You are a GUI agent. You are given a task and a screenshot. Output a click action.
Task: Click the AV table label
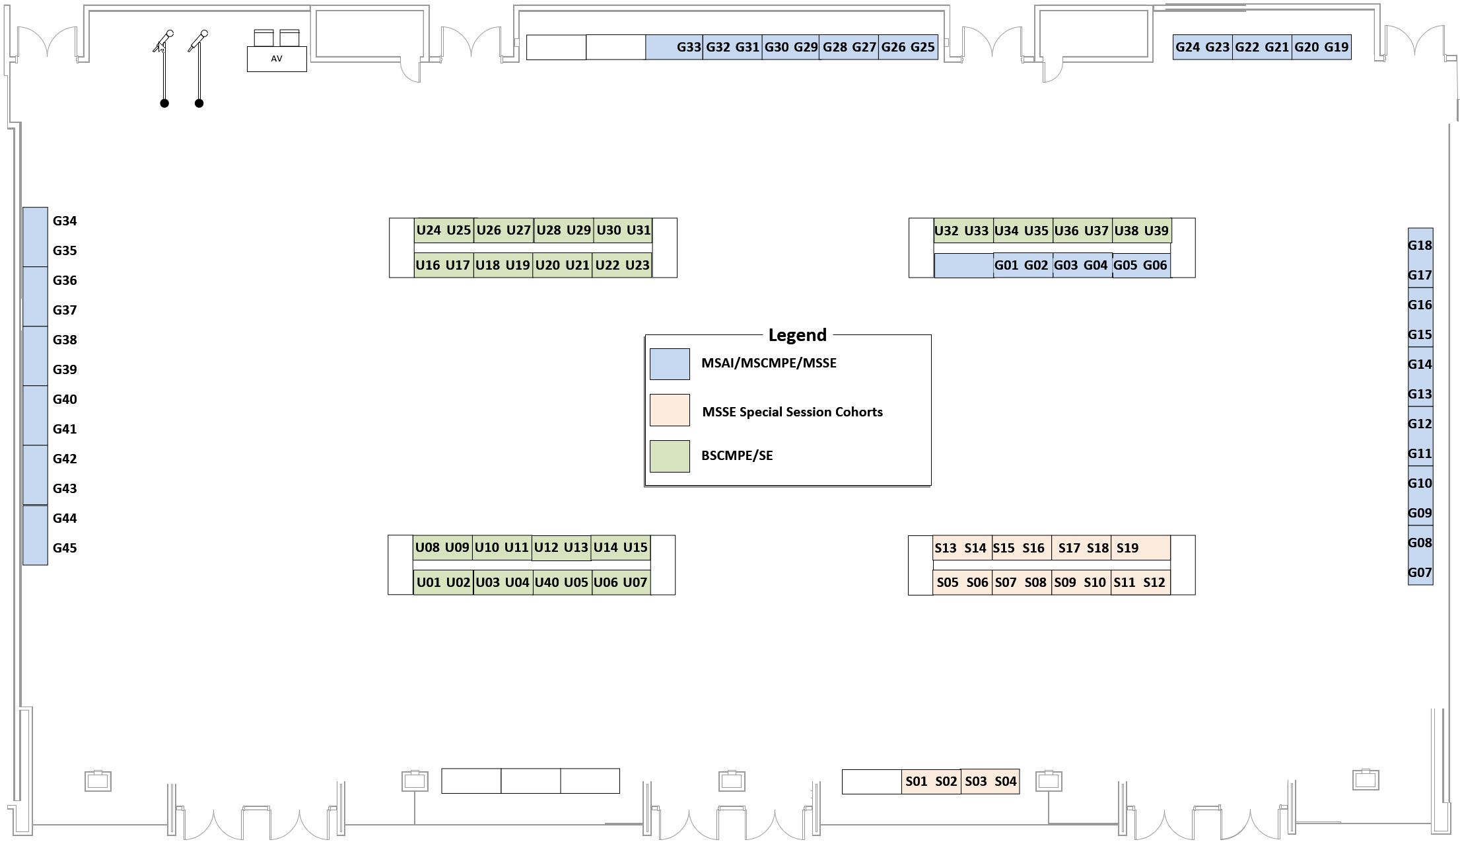point(277,59)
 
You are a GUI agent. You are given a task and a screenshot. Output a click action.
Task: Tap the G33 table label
point(688,48)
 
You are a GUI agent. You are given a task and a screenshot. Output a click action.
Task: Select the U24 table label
point(429,231)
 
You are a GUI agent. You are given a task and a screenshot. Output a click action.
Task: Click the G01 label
point(1006,266)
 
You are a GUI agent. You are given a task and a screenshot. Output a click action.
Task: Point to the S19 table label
point(1127,548)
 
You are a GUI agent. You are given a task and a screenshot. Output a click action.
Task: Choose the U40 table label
point(547,582)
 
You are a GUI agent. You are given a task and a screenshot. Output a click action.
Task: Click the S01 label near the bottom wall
point(916,781)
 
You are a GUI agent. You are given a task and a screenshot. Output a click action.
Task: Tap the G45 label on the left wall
point(65,548)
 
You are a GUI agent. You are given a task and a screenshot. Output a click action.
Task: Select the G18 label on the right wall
point(1420,245)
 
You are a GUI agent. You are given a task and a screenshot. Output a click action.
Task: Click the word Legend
point(797,335)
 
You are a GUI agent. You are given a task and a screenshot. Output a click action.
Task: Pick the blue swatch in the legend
point(670,364)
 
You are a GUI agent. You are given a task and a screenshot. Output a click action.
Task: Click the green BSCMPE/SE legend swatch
point(670,456)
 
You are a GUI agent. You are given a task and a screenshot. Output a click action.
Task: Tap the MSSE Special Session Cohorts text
point(792,412)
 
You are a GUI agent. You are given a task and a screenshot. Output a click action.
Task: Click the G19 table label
point(1336,48)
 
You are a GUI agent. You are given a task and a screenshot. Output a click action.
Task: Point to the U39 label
point(1156,231)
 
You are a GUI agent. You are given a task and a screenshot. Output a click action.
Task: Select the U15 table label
point(635,547)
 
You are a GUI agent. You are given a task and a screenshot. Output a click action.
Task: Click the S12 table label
point(1154,582)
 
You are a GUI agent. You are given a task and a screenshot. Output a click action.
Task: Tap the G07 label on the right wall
point(1420,572)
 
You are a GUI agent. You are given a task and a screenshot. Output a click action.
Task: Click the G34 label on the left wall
point(65,221)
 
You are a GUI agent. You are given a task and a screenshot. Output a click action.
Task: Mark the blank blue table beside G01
point(963,266)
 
